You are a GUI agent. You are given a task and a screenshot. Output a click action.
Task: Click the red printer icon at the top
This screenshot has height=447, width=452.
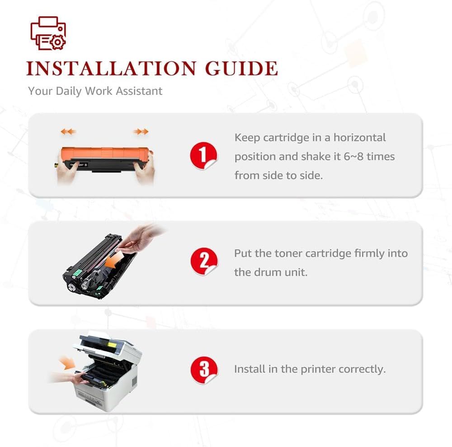click(x=48, y=33)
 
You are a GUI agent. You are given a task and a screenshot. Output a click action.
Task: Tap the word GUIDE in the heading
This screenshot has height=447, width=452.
click(x=241, y=69)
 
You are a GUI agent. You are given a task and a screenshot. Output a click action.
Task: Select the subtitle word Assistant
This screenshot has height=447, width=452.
click(x=139, y=91)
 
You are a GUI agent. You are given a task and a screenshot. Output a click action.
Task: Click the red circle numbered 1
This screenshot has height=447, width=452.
click(x=203, y=155)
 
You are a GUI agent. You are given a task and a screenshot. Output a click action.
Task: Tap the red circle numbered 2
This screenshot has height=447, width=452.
click(x=204, y=261)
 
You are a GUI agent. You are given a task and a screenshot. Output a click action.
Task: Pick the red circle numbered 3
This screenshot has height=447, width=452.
click(x=204, y=370)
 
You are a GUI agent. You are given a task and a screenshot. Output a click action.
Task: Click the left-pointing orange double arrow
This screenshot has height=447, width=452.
click(x=68, y=132)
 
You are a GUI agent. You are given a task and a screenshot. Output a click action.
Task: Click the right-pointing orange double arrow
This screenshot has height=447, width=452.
click(x=141, y=132)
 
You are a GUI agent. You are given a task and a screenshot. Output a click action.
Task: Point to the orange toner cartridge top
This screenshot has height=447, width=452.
click(x=105, y=153)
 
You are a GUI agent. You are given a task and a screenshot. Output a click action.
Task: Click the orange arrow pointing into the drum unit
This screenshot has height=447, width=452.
click(x=113, y=261)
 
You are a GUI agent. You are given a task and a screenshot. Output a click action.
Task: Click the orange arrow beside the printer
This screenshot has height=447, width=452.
click(x=67, y=363)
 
